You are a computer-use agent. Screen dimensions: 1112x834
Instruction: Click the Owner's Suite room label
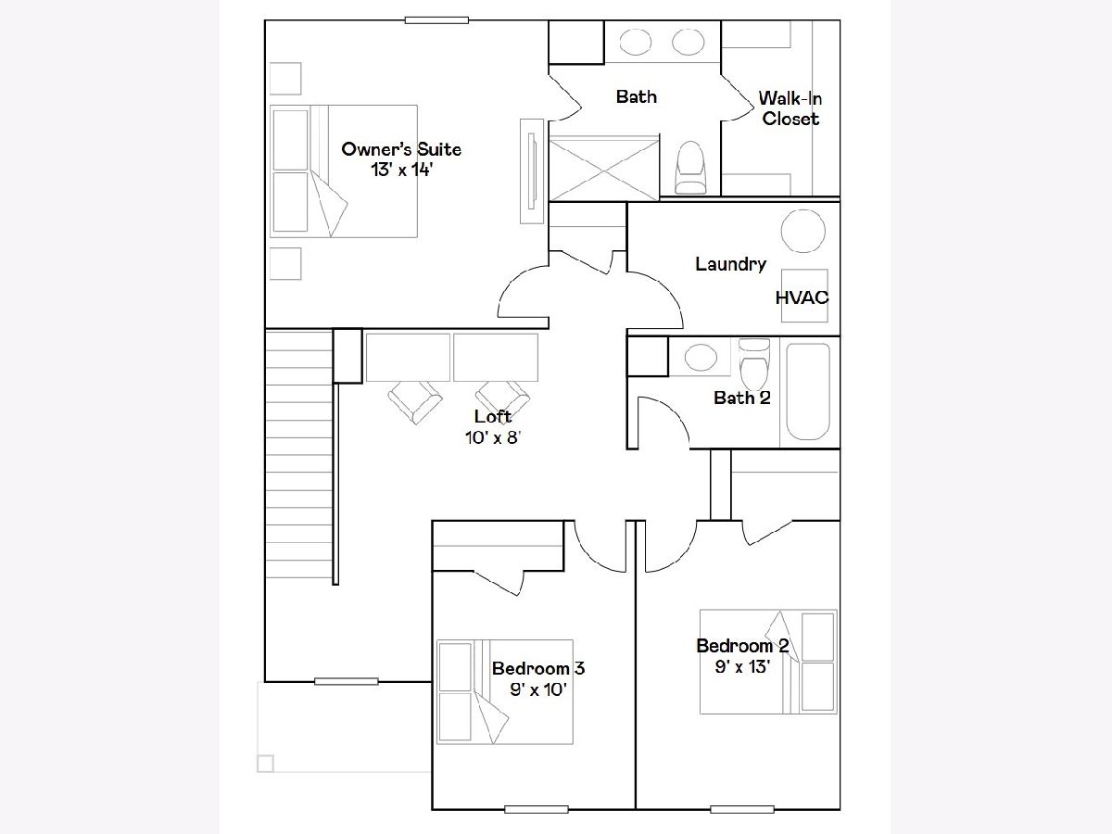401,149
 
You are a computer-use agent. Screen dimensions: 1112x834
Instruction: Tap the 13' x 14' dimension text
401,170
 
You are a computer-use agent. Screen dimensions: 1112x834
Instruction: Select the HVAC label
802,297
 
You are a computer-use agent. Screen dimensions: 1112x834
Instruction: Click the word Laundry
730,264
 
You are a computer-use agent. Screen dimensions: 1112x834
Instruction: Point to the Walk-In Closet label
790,108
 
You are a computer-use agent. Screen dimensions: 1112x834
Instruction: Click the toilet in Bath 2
754,363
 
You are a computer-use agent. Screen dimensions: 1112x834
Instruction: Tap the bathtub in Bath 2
808,391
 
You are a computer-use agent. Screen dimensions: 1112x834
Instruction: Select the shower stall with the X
604,168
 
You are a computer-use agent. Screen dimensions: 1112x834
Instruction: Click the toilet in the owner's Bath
690,167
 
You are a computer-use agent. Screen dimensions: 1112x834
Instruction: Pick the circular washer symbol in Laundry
803,231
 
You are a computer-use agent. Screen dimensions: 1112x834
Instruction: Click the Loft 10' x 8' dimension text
493,437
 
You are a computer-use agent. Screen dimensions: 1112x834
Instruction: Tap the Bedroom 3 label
538,668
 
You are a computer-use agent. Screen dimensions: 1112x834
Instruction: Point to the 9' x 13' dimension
742,666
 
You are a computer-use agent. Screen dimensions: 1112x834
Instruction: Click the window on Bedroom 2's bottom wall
742,810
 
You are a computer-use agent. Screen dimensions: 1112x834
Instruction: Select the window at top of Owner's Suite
436,20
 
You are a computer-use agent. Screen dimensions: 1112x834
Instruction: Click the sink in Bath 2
701,357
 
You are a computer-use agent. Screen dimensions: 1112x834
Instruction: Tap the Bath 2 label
742,398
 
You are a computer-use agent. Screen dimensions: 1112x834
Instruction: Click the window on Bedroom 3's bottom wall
537,810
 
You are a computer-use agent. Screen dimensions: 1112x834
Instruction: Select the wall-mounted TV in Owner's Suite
532,171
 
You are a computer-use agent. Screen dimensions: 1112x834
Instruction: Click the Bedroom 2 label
742,646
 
